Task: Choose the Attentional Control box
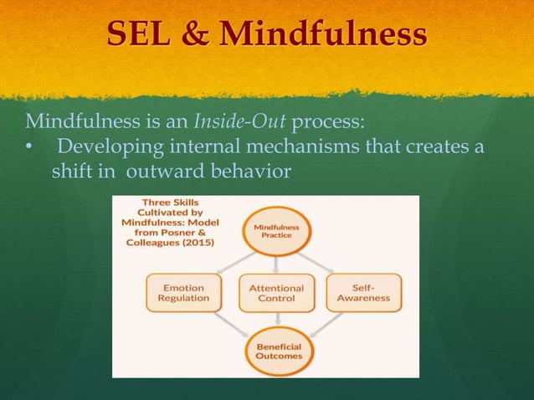tap(277, 293)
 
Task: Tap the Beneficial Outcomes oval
tap(277, 351)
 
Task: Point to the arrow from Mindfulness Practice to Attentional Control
tap(277, 262)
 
